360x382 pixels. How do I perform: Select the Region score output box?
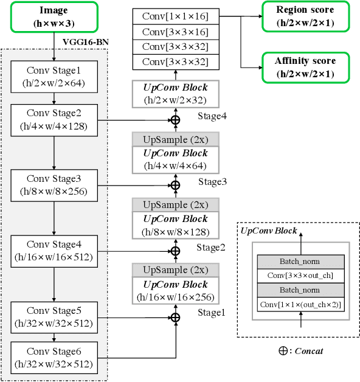(306, 16)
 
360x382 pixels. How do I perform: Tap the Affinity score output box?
(306, 66)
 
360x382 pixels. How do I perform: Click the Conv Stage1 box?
(54, 77)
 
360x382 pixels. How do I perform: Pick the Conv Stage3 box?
(54, 185)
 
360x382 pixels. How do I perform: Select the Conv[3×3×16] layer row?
(175, 30)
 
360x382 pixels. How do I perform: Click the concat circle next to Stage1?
(175, 317)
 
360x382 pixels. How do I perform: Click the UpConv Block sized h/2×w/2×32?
(175, 94)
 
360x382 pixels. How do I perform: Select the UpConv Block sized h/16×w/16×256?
(175, 290)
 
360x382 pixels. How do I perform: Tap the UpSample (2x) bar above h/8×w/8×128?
(175, 204)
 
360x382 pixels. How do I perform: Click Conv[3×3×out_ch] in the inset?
(300, 276)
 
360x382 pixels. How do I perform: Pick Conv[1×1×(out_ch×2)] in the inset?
(300, 304)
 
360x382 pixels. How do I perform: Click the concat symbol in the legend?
(283, 351)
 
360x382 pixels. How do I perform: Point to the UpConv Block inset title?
(269, 231)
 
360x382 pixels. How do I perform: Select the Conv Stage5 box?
(54, 317)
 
